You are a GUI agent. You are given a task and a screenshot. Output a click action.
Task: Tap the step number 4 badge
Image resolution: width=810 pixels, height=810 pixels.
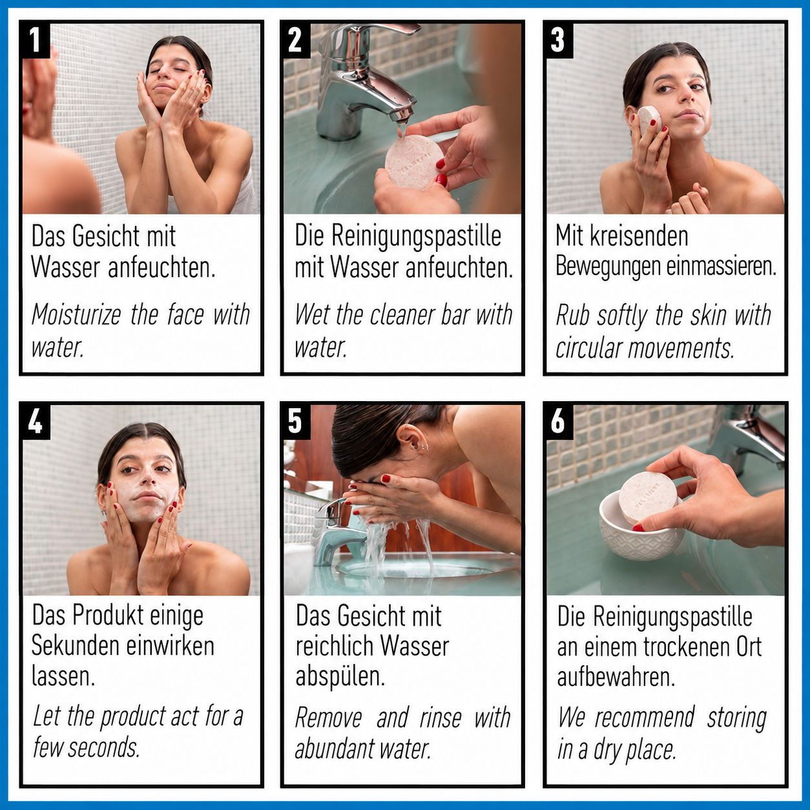click(36, 421)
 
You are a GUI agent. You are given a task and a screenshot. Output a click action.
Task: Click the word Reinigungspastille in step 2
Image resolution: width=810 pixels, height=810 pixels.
click(416, 237)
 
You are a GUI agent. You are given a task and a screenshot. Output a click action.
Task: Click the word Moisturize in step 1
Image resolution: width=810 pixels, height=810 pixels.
click(76, 315)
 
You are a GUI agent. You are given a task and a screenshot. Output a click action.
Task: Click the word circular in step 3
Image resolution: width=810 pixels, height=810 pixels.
click(588, 348)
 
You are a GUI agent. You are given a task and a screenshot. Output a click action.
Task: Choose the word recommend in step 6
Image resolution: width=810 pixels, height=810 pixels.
click(645, 718)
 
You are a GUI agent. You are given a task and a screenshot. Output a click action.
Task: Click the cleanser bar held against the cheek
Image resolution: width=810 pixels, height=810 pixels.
click(649, 119)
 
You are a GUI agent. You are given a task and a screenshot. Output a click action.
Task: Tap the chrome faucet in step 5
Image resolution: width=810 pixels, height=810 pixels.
click(337, 530)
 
